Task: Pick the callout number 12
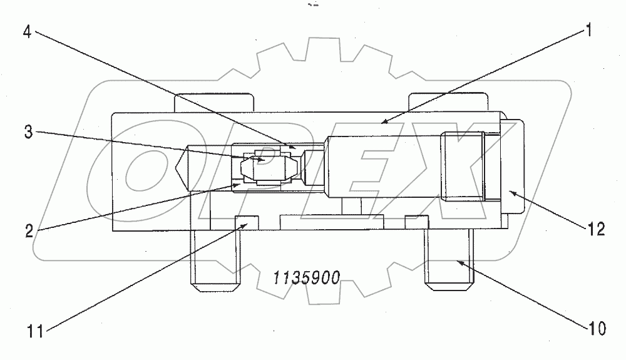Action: coord(597,229)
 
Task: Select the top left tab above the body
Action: coord(213,102)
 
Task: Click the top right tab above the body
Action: coord(447,102)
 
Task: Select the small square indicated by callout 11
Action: coord(246,222)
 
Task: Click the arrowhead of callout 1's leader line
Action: coord(384,122)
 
